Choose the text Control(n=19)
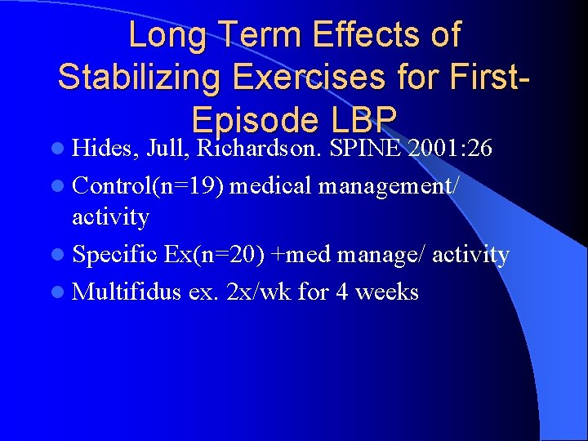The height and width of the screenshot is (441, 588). pyautogui.click(x=149, y=186)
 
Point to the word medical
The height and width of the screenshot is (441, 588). pyautogui.click(x=273, y=186)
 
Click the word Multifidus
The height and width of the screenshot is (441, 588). pyautogui.click(x=126, y=291)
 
